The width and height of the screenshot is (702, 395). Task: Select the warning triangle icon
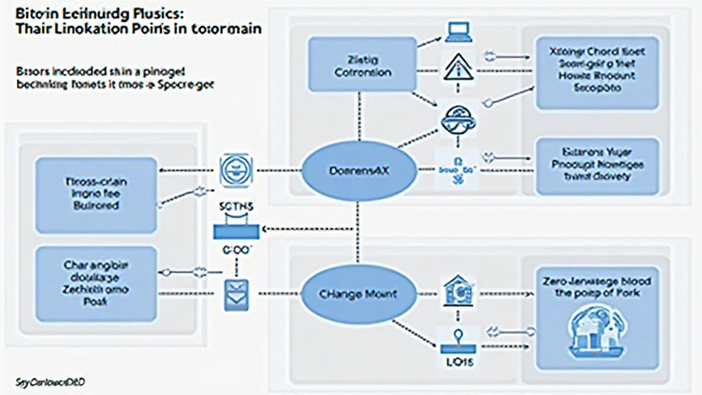tap(455, 69)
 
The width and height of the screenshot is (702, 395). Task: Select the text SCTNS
tap(237, 206)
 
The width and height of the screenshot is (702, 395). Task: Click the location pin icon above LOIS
tap(455, 336)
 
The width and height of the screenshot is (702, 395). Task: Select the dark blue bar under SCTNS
tap(237, 232)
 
